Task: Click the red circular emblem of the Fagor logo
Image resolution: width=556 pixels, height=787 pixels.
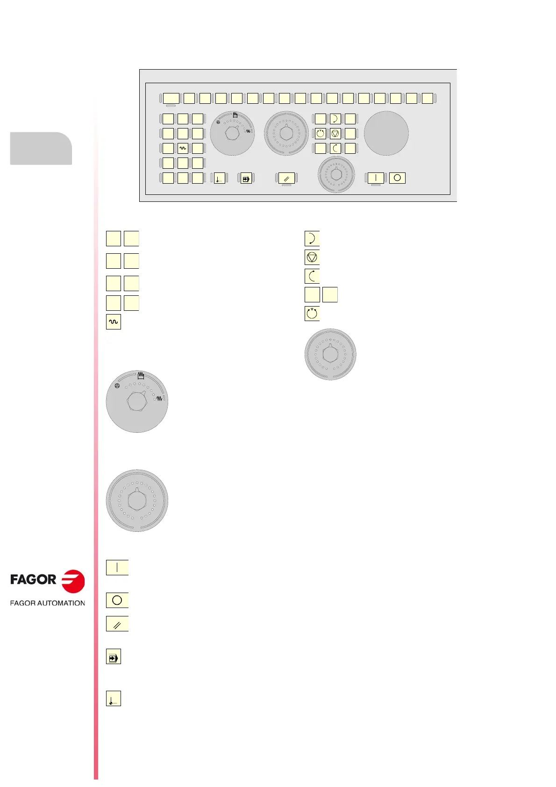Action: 73,581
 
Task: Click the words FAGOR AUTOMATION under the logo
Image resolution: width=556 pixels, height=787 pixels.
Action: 47,603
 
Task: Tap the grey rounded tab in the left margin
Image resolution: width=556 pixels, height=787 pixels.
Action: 41,148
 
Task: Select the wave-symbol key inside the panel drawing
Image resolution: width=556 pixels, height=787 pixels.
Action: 183,148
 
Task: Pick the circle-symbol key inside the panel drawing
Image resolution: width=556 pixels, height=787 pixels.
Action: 397,178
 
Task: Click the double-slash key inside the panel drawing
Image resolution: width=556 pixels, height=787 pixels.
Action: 286,178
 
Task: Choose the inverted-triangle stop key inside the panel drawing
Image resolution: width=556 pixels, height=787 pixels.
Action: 335,134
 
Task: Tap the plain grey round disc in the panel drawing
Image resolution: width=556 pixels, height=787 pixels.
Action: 386,133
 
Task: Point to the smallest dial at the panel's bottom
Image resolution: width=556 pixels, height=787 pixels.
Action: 336,175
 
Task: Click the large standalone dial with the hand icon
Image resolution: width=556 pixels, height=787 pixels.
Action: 137,401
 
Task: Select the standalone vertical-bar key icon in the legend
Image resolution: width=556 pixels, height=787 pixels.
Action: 117,567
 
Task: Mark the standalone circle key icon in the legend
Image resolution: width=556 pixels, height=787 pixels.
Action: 117,600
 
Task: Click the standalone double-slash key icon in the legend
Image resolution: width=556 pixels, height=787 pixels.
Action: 117,624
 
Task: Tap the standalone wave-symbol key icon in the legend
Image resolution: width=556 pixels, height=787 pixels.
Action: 114,322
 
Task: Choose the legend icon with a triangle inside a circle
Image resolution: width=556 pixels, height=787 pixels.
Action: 312,257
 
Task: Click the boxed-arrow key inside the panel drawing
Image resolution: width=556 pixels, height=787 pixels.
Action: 246,178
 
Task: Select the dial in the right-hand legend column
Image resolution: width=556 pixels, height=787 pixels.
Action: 330,354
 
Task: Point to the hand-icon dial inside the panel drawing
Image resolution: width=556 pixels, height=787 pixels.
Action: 232,134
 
